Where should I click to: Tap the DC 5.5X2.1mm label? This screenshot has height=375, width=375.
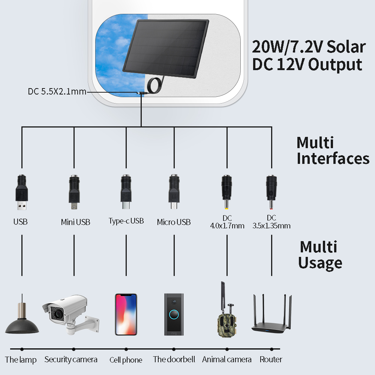(x=57, y=91)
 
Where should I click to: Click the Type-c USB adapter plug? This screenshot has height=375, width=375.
(x=126, y=191)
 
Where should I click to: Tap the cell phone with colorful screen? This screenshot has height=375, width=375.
(x=126, y=314)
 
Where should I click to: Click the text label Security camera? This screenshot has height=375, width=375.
(x=71, y=359)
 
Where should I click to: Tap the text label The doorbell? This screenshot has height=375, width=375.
(x=174, y=359)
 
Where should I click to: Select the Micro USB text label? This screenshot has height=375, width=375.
(x=174, y=222)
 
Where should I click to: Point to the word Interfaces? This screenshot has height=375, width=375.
(x=333, y=159)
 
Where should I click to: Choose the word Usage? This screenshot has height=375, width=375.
(x=320, y=263)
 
